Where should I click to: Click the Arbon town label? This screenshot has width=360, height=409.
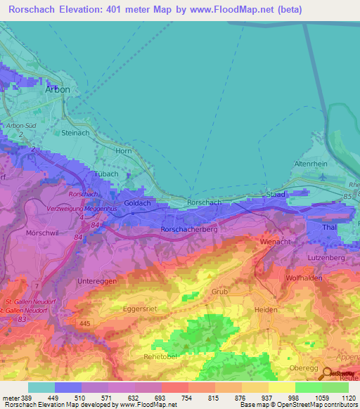coord(58,90)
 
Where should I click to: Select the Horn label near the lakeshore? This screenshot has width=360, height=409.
coord(124,150)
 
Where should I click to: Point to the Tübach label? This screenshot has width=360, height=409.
coord(105,174)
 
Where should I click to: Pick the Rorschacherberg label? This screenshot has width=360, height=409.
coord(189,229)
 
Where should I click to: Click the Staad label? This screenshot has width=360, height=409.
coord(274,193)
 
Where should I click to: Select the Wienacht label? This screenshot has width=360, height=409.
coord(276,241)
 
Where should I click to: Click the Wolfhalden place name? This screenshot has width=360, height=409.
coord(304,278)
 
